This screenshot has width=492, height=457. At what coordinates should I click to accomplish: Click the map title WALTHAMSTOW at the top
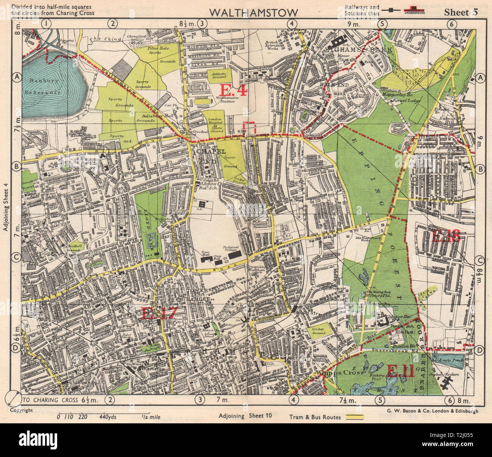[x=253, y=12]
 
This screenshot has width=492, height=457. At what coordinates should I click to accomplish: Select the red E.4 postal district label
[x=233, y=90]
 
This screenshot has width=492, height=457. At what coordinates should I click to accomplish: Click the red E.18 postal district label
[x=445, y=236]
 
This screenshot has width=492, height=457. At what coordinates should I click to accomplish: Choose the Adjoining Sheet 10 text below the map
[x=245, y=415]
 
